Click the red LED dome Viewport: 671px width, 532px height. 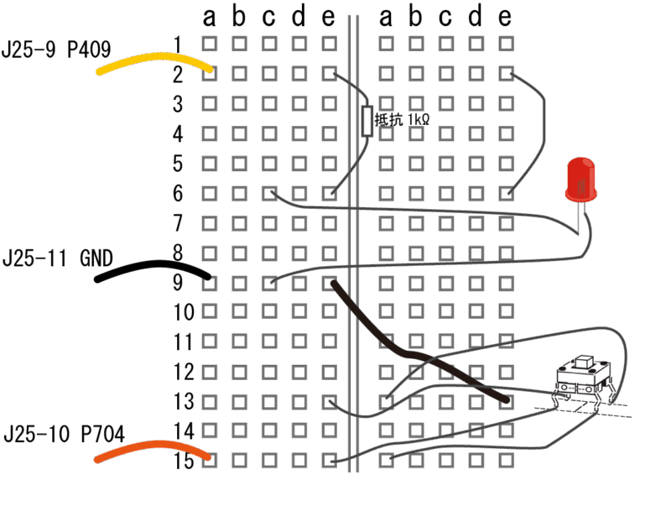pos(580,180)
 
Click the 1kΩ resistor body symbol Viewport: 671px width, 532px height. pos(367,121)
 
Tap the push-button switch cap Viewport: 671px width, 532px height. pos(583,362)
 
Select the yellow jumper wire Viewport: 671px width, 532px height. pos(155,62)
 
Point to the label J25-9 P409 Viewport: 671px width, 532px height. pos(56,50)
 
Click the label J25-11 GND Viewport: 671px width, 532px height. pos(58,258)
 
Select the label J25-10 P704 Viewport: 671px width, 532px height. pos(65,434)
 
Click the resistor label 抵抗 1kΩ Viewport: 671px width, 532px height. pos(402,120)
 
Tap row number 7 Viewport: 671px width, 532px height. pos(178,223)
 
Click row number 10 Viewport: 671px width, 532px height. pos(184,312)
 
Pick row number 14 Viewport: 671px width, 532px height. pos(184,431)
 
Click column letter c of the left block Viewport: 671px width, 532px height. pos(268,18)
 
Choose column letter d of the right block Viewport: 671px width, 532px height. pos(475,17)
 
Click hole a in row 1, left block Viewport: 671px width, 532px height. pos(209,44)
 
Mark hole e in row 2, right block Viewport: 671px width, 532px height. pos(507,74)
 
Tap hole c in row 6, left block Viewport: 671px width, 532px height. pos(269,194)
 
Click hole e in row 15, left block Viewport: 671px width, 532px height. pos(329,461)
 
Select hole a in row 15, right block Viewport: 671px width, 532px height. pos(387,461)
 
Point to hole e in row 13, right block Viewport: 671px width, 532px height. pos(507,402)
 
